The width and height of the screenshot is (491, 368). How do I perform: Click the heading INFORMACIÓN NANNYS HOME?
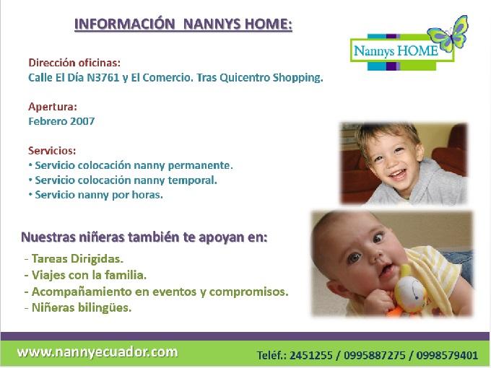[x=183, y=25]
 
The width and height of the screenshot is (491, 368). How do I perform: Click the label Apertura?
[x=53, y=107]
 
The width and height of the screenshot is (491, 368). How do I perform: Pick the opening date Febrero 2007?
[x=61, y=121]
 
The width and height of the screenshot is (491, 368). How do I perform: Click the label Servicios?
[x=51, y=151]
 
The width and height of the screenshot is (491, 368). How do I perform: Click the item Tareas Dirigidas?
[x=76, y=258]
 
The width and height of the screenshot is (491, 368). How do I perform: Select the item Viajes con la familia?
[x=88, y=275]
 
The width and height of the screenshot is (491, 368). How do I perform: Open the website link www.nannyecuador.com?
[x=97, y=351]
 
